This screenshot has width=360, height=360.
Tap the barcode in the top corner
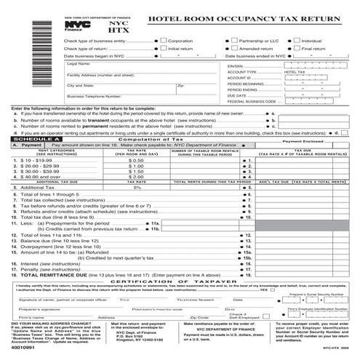pos(17,33)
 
